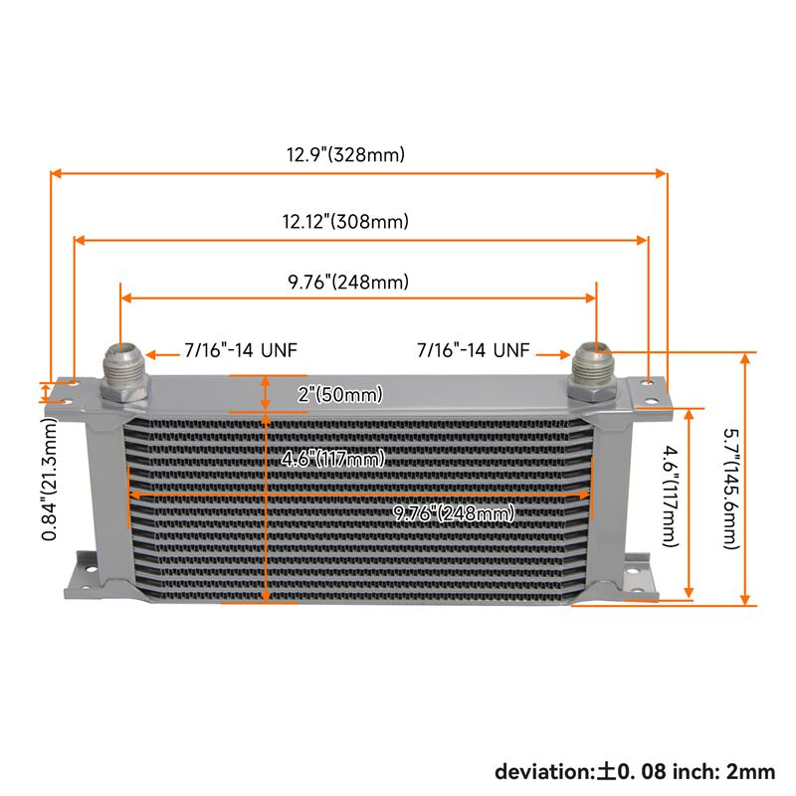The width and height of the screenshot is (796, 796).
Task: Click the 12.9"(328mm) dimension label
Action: (x=345, y=154)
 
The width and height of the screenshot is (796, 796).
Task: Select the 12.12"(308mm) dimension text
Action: (x=345, y=221)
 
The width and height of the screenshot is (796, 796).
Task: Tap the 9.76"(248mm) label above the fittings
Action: (x=348, y=282)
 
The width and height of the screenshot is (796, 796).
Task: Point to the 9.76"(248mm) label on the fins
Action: (x=455, y=513)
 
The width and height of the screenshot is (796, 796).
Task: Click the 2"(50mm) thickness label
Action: (x=340, y=394)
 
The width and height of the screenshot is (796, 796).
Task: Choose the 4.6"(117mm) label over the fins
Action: (x=333, y=459)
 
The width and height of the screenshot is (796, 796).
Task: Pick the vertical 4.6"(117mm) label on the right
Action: (x=671, y=496)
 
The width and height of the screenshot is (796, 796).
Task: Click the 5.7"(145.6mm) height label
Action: (x=731, y=489)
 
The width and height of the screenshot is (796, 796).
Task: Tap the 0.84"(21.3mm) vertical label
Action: (x=49, y=479)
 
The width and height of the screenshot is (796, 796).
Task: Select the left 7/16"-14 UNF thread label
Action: (x=241, y=350)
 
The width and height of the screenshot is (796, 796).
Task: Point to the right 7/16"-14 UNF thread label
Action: (x=474, y=350)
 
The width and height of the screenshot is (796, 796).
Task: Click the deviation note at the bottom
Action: (x=635, y=772)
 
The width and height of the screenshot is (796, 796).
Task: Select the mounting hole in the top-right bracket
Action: (x=651, y=382)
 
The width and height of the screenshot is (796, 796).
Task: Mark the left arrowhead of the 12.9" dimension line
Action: (x=56, y=173)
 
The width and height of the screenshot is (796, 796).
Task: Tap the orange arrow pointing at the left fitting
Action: (x=162, y=355)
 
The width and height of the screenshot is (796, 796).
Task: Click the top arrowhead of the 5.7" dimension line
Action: (x=745, y=358)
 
